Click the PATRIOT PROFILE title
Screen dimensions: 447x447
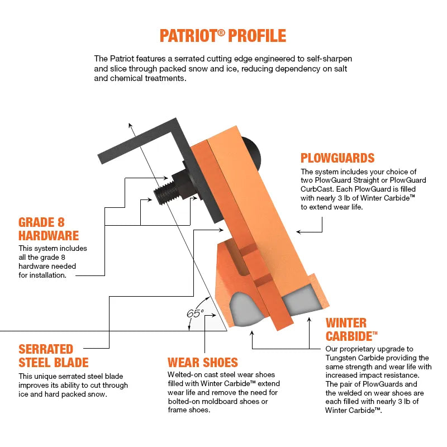click(223, 36)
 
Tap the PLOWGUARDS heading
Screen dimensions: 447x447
click(337, 158)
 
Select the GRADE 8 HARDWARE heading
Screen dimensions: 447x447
click(49, 229)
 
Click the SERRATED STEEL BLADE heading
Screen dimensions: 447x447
click(54, 356)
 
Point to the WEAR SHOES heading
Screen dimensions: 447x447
click(202, 362)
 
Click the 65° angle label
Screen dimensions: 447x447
click(195, 313)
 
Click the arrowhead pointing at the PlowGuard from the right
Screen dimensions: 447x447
click(299, 231)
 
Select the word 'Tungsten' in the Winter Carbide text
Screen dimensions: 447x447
click(342, 358)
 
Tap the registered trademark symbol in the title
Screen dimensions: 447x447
click(221, 31)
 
